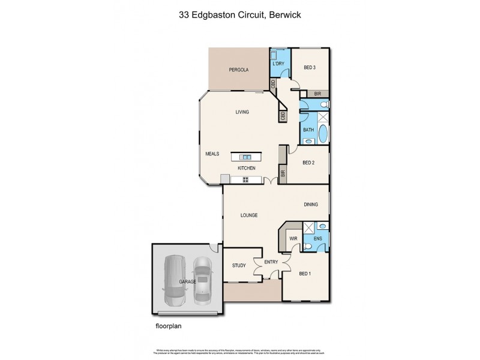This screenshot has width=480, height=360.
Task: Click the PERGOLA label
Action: click(238, 70)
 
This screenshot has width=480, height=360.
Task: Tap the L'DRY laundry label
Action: click(278, 64)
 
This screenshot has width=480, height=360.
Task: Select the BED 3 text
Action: click(310, 68)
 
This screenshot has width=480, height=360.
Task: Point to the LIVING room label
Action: click(242, 112)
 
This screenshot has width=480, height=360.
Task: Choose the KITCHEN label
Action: click(247, 168)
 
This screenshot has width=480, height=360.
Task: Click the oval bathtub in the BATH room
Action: click(323, 133)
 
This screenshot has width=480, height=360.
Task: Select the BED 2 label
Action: click(309, 163)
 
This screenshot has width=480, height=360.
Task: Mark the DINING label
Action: click(310, 205)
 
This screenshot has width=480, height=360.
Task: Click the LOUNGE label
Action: click(249, 215)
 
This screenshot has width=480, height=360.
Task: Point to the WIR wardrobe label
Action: click(294, 239)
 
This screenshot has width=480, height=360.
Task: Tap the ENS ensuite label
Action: click(317, 239)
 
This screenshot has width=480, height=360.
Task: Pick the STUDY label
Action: click(239, 265)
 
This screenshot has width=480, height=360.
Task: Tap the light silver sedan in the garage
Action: click(203, 280)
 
